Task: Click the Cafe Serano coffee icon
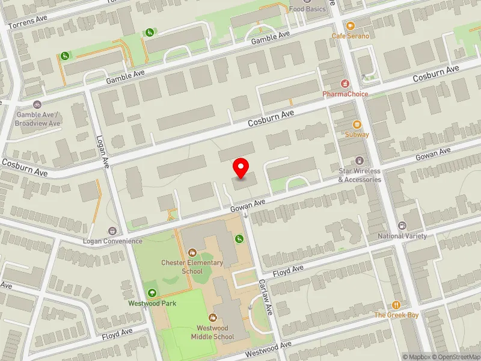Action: pyautogui.click(x=351, y=26)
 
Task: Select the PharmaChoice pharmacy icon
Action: pyautogui.click(x=346, y=83)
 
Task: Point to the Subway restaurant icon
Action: pyautogui.click(x=357, y=124)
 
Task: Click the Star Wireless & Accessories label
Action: pyautogui.click(x=360, y=175)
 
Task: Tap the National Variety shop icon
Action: pyautogui.click(x=402, y=226)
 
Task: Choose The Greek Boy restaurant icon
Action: pyautogui.click(x=396, y=305)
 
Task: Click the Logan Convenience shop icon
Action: pyautogui.click(x=112, y=231)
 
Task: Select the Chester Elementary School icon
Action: pyautogui.click(x=192, y=253)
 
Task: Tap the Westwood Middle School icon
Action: pyautogui.click(x=212, y=317)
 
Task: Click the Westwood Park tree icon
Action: pyautogui.click(x=152, y=293)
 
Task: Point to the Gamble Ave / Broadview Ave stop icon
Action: pyautogui.click(x=38, y=105)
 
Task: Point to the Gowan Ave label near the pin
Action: pyautogui.click(x=248, y=205)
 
